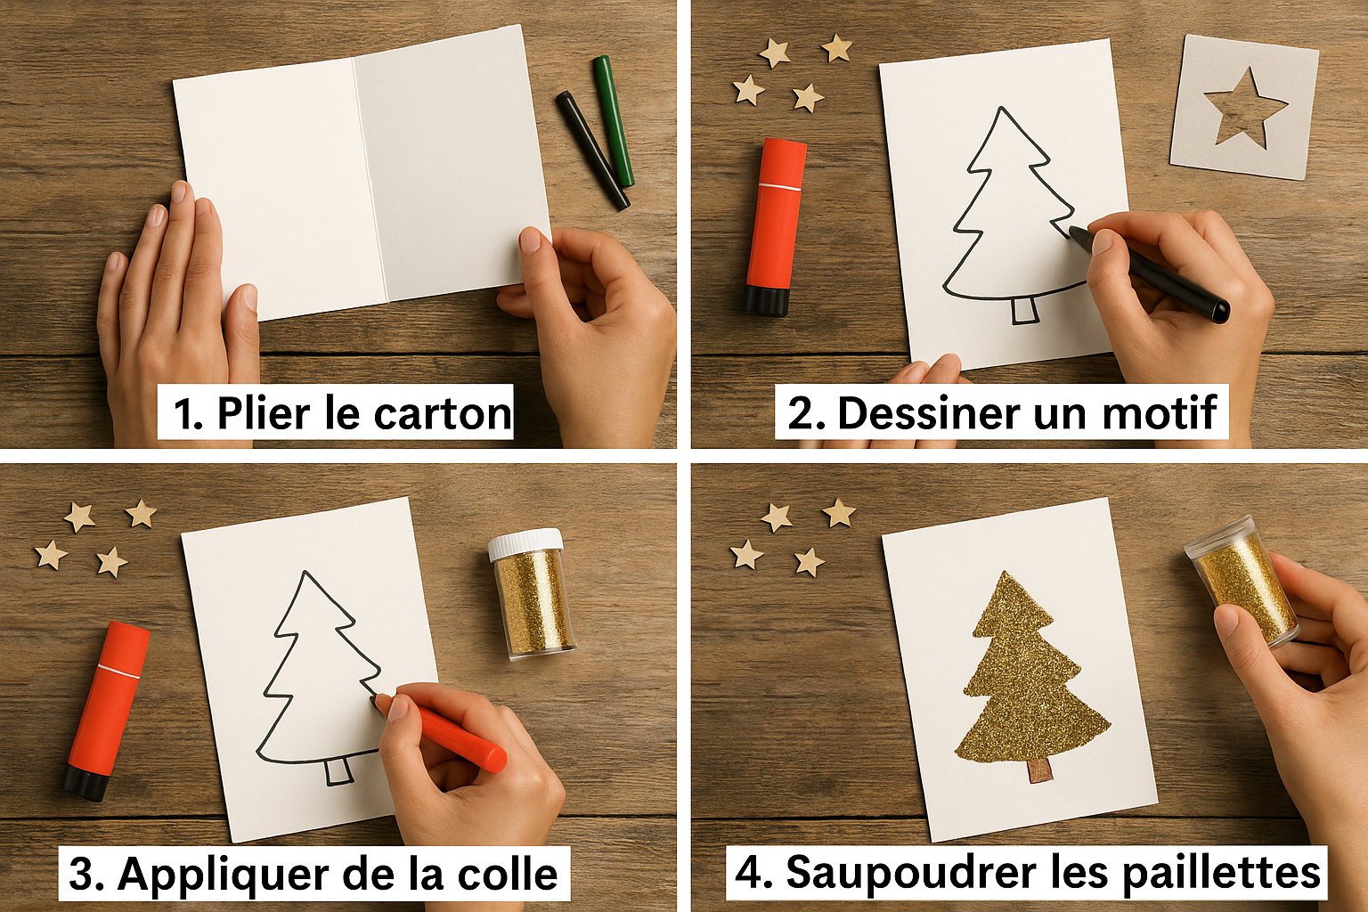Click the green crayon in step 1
tap(613, 121)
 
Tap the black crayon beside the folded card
tap(592, 151)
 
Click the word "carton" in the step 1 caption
tap(442, 413)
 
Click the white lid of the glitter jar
tap(525, 544)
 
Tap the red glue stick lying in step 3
tap(107, 712)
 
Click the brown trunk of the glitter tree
tap(1038, 771)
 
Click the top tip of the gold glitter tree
tap(1004, 572)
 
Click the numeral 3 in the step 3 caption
tap(79, 875)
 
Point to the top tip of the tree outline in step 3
tap(305, 573)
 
